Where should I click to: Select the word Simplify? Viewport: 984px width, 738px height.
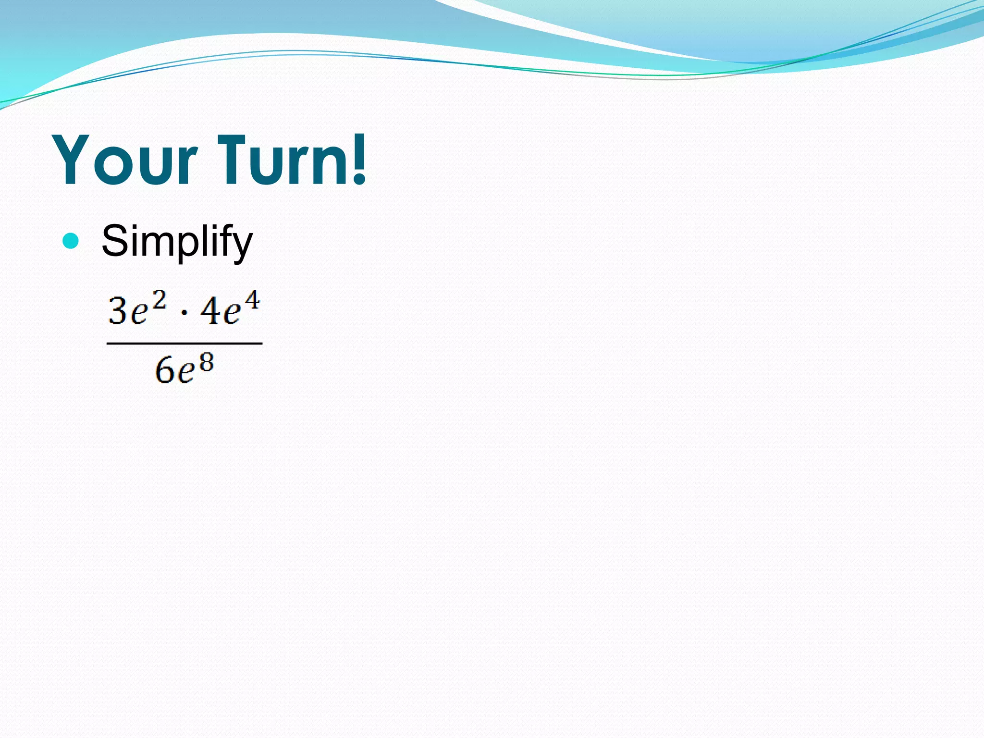click(176, 242)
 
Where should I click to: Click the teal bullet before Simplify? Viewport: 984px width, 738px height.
click(71, 241)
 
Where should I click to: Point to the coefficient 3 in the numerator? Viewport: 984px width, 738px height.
click(118, 311)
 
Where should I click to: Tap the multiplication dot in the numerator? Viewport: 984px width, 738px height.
click(184, 314)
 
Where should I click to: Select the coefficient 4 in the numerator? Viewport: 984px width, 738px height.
click(210, 311)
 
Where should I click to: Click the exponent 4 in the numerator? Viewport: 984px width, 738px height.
click(251, 300)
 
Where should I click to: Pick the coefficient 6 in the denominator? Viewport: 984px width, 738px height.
click(164, 371)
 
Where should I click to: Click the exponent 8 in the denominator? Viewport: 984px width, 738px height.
click(206, 363)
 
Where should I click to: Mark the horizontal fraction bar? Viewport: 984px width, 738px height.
click(184, 344)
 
